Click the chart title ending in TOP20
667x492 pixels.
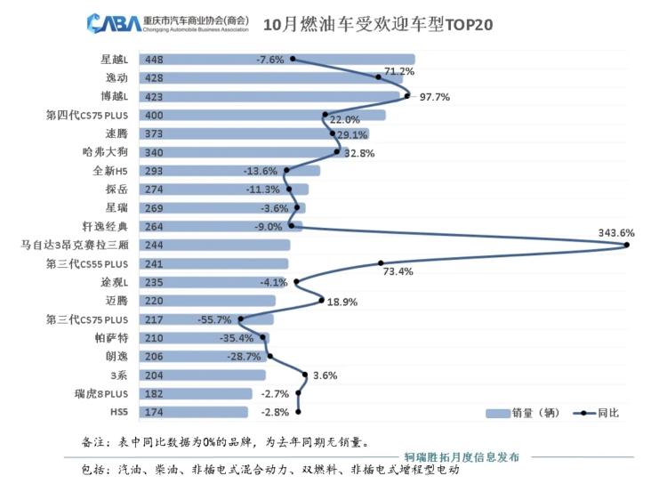coord(378,23)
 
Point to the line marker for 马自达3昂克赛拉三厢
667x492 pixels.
coord(627,245)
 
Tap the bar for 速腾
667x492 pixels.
coord(267,133)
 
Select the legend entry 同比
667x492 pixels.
coord(597,413)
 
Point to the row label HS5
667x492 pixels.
coord(118,412)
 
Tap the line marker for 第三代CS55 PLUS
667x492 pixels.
coord(382,263)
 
